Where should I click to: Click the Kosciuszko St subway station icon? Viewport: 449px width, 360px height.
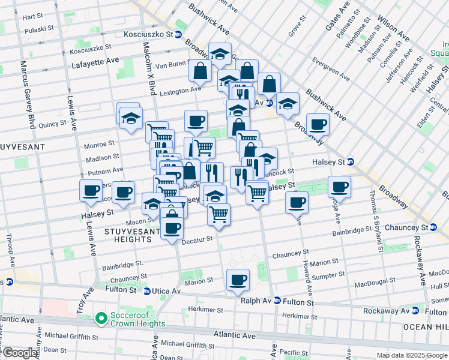tap(178, 35)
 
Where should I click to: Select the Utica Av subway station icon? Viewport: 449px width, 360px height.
tap(147, 291)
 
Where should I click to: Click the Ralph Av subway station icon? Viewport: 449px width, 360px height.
tap(277, 300)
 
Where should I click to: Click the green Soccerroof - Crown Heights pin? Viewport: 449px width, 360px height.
tap(101, 317)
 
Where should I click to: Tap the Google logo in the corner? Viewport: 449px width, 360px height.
tap(19, 353)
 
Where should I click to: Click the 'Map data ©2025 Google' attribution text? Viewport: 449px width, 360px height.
tap(411, 355)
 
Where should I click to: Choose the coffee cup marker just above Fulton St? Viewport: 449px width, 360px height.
tap(238, 280)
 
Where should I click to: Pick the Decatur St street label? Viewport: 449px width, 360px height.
tap(198, 239)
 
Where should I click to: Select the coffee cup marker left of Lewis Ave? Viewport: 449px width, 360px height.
tap(91, 191)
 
